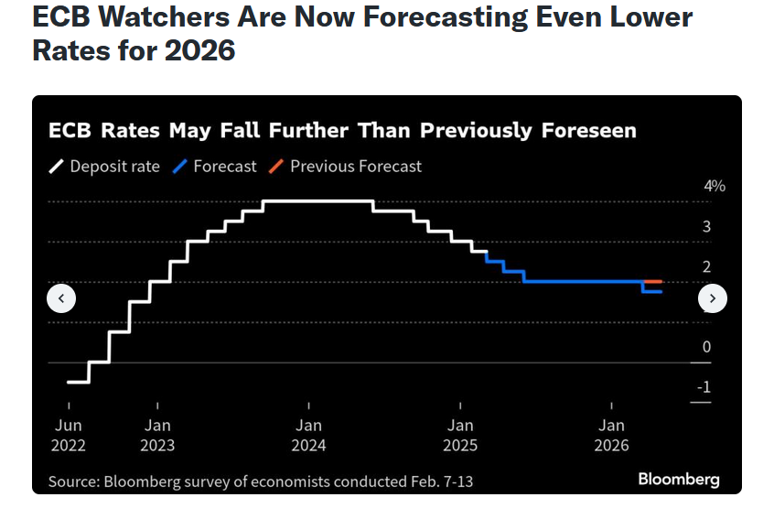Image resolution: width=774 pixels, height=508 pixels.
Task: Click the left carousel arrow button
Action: (61, 298)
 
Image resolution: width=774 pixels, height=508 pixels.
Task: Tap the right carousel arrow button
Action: (713, 298)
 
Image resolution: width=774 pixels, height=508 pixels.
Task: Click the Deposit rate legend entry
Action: (104, 167)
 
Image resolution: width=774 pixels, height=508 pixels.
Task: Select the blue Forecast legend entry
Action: (214, 167)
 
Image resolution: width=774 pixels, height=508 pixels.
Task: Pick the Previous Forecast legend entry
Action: (345, 167)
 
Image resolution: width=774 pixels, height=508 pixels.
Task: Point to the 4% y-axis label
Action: (715, 186)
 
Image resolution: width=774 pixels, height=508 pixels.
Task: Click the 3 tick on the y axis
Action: (707, 227)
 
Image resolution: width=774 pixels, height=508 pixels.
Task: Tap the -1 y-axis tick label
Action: (704, 386)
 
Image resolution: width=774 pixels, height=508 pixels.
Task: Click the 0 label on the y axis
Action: (707, 347)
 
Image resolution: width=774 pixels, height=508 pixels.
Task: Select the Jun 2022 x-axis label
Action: (68, 435)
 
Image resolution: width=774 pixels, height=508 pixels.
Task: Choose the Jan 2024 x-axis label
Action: (308, 435)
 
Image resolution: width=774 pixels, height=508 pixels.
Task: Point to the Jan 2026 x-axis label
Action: (611, 435)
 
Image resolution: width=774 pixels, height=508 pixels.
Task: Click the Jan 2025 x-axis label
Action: (460, 435)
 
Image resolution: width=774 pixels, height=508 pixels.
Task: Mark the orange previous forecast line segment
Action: (652, 281)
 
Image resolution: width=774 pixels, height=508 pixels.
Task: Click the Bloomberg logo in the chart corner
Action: (679, 480)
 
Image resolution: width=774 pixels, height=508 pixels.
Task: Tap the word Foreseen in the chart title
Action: (589, 131)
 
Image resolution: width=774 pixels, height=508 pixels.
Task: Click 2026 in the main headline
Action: (199, 50)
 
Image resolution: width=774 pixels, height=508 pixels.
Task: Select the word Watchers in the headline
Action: (165, 16)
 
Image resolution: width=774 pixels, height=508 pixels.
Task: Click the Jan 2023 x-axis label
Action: (157, 435)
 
